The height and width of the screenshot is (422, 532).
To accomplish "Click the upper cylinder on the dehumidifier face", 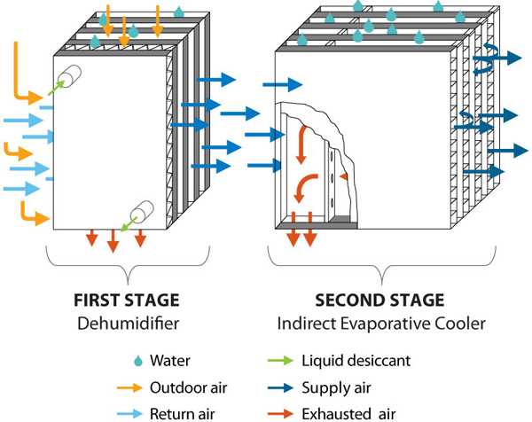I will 68,76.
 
